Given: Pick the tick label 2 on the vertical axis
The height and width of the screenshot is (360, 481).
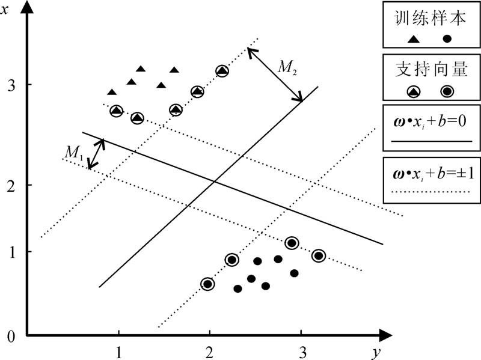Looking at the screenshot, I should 11,185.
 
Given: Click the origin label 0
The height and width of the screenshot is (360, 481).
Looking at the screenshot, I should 11,337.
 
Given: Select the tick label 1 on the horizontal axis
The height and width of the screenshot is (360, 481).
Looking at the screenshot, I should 119,350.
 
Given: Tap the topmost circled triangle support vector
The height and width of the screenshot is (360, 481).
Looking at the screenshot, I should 222,71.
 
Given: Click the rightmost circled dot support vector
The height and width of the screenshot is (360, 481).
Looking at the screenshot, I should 319,255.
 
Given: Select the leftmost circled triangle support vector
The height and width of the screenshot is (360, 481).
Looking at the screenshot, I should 116,111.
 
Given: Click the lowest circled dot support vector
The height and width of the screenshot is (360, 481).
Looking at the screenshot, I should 207,284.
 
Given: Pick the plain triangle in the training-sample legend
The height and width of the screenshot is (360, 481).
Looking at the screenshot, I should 414,39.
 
